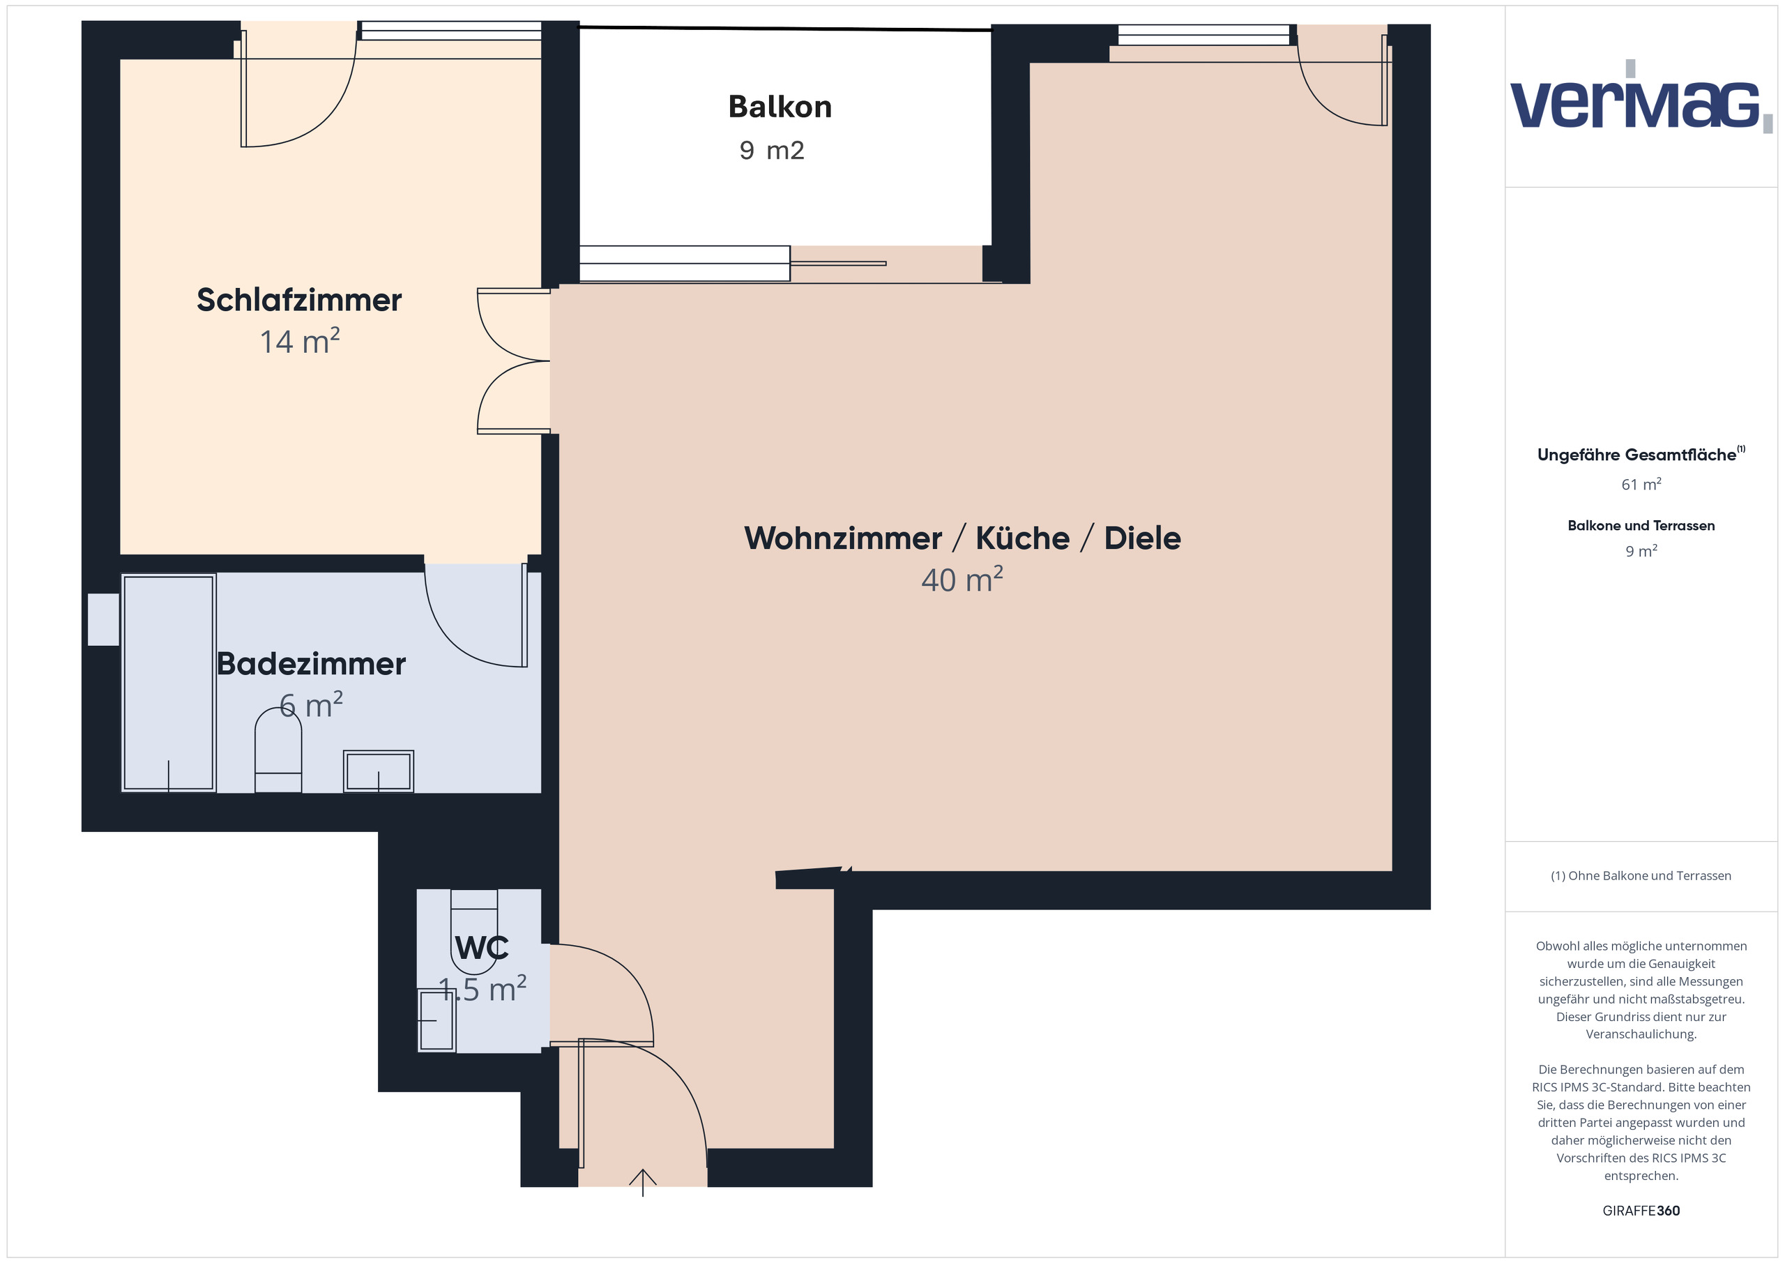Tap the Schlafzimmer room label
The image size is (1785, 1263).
click(x=298, y=300)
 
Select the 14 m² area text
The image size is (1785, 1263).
click(x=299, y=342)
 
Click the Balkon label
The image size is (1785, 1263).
click(x=780, y=107)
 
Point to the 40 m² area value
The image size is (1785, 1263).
click(x=962, y=580)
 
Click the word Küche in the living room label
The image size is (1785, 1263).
click(x=1022, y=538)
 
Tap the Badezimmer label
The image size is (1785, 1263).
click(x=311, y=664)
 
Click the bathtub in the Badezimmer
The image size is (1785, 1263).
click(x=168, y=683)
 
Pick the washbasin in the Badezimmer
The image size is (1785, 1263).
click(x=378, y=771)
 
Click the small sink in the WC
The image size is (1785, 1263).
click(x=436, y=1020)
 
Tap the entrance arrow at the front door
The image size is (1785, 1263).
click(x=642, y=1181)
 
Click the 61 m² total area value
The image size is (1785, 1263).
click(x=1641, y=485)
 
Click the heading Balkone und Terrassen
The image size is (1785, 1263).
click(x=1641, y=526)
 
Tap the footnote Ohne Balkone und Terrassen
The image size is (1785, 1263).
click(x=1641, y=876)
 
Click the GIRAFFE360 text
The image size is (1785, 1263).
click(x=1641, y=1211)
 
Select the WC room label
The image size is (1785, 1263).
click(x=481, y=948)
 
